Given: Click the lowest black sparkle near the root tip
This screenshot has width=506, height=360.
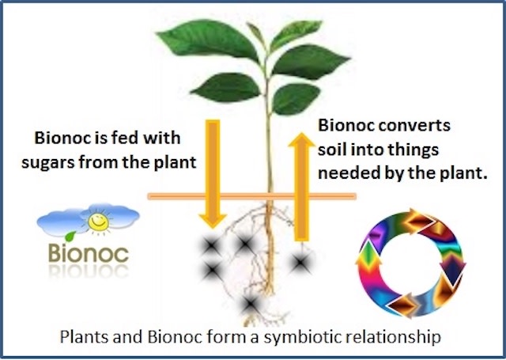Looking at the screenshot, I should pyautogui.click(x=251, y=304).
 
